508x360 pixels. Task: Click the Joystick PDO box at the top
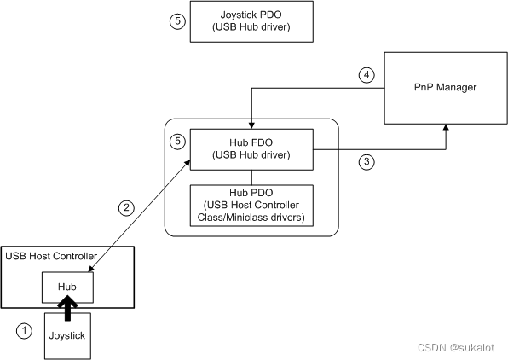click(251, 21)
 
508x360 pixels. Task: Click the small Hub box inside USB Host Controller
click(67, 287)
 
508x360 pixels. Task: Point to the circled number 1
click(26, 329)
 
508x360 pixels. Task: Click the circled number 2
click(125, 207)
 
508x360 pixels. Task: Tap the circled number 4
click(367, 75)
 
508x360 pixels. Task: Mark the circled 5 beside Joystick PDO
click(176, 22)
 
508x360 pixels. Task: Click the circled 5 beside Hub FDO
click(176, 141)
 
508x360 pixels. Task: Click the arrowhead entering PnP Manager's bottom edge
click(445, 129)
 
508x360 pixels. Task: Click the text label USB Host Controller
click(50, 256)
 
